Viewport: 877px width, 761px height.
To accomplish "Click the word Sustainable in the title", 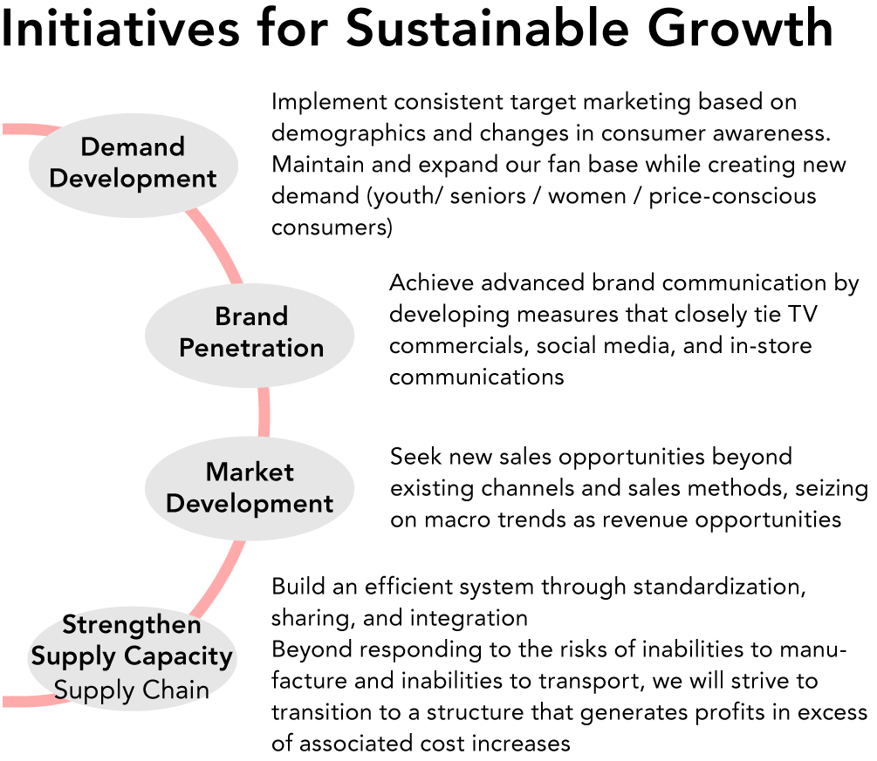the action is coord(488,28).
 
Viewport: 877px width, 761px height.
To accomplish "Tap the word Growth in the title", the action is coord(740,28).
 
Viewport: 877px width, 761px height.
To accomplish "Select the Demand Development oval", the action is coord(134,166).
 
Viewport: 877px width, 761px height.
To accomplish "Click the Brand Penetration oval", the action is coord(250,336).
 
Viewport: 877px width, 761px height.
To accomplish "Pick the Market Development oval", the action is coord(250,488).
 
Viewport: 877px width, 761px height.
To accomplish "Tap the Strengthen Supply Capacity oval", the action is coord(132,658).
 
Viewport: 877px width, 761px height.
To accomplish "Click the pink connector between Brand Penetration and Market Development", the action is coord(264,412).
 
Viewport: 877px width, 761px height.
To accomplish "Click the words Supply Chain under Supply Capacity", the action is coord(132,690).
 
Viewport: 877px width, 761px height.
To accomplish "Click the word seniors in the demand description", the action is coord(488,196).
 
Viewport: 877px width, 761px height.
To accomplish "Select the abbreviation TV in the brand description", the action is coord(803,315).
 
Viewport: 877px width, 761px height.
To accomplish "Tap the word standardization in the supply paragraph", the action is coord(719,587).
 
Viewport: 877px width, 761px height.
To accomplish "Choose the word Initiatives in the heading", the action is coord(120,28).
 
